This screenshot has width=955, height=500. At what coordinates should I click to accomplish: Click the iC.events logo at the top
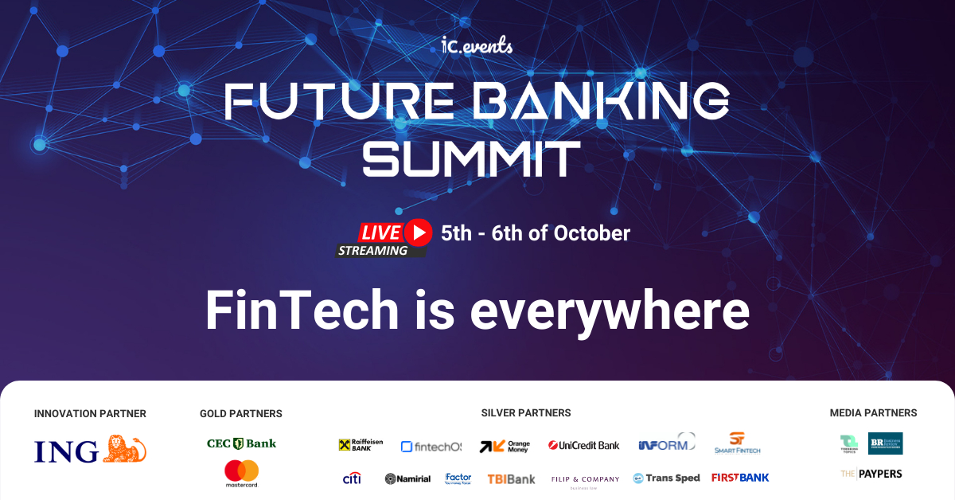(x=477, y=45)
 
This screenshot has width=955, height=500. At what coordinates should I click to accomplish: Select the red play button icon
(x=418, y=232)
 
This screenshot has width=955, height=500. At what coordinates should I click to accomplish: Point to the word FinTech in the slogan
(x=302, y=311)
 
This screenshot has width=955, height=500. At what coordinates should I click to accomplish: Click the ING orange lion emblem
(x=125, y=449)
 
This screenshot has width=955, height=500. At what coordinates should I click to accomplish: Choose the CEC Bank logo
(x=241, y=443)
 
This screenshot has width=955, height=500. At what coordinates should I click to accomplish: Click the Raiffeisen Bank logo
(x=361, y=446)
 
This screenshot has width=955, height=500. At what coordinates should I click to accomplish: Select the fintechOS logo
(x=431, y=447)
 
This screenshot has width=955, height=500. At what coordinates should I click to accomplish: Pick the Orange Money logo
(x=505, y=447)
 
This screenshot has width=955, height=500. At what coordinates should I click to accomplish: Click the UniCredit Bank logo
(x=584, y=446)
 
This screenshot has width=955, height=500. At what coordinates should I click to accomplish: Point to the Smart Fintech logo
(x=737, y=443)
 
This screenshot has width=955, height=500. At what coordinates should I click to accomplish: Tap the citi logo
(x=352, y=478)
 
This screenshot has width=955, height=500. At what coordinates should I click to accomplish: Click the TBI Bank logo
(x=511, y=479)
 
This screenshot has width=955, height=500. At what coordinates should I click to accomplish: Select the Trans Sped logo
(x=666, y=479)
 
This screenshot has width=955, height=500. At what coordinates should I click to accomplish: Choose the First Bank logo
(x=740, y=478)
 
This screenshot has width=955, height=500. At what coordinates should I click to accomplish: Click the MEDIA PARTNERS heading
(x=873, y=413)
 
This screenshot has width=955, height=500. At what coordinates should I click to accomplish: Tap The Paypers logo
(x=871, y=474)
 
